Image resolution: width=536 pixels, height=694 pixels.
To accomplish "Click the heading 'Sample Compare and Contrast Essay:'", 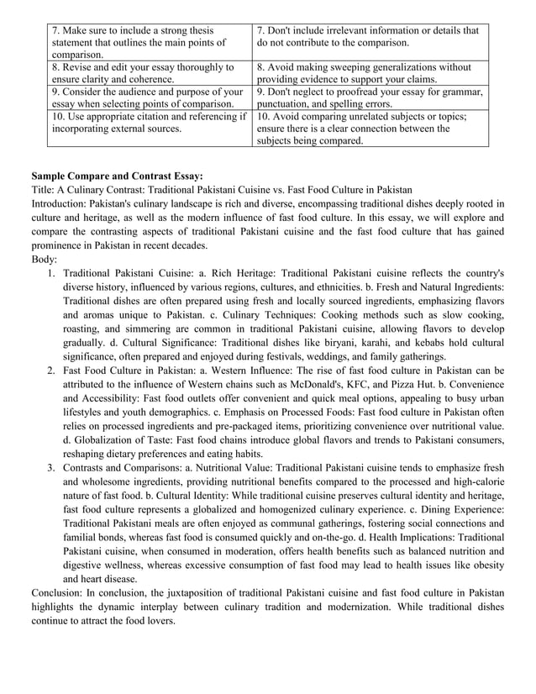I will [x=117, y=176].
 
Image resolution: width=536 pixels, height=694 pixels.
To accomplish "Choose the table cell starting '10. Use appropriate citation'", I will [x=148, y=123].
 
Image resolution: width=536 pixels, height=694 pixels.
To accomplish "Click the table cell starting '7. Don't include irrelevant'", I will [x=370, y=36].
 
